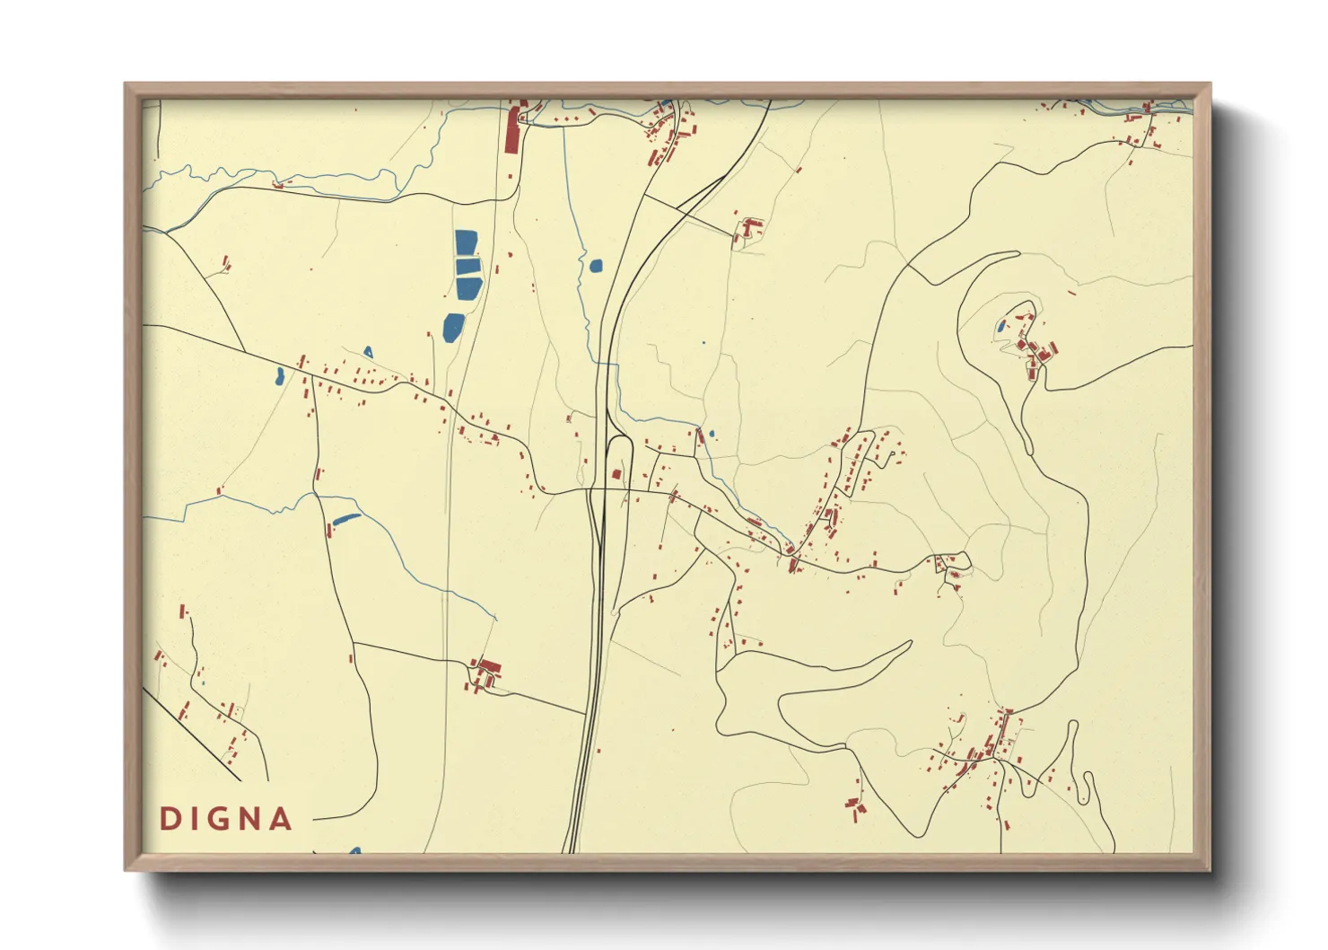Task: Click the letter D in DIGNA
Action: [167, 819]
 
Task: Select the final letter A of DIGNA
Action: [282, 819]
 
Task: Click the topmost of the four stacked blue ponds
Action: [466, 243]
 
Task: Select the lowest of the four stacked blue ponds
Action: [453, 326]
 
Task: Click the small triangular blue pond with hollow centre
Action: [368, 351]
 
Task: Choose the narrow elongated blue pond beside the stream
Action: [345, 518]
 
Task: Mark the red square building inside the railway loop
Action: [616, 473]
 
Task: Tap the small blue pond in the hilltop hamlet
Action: [1000, 327]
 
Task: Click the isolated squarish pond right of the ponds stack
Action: [596, 265]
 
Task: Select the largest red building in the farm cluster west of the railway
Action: [489, 667]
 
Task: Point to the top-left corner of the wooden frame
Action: [126, 84]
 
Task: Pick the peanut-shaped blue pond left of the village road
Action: [280, 375]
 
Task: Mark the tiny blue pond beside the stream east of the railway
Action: [712, 435]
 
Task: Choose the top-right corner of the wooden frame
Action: [1210, 84]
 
